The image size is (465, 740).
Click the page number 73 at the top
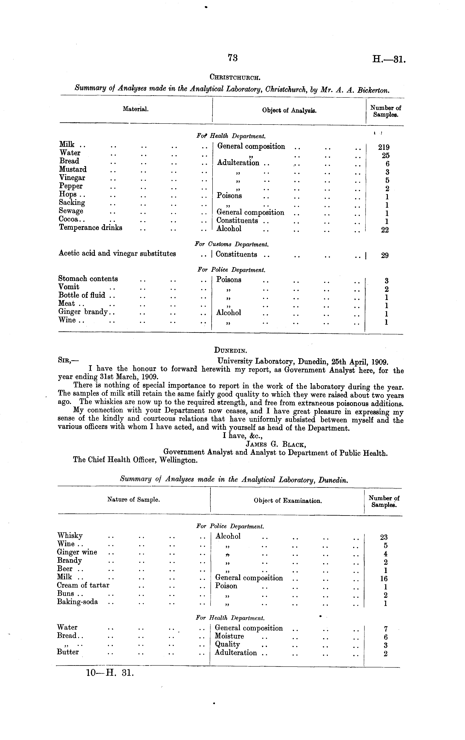(233, 58)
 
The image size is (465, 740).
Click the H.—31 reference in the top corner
(389, 58)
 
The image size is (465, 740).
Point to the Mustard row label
(73, 169)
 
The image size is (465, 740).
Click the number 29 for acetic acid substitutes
(384, 255)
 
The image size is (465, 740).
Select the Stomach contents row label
(88, 279)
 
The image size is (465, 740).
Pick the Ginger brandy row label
(83, 312)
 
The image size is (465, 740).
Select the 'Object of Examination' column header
(287, 501)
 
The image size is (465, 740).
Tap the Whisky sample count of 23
(384, 537)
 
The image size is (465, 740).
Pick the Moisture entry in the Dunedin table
(229, 636)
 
